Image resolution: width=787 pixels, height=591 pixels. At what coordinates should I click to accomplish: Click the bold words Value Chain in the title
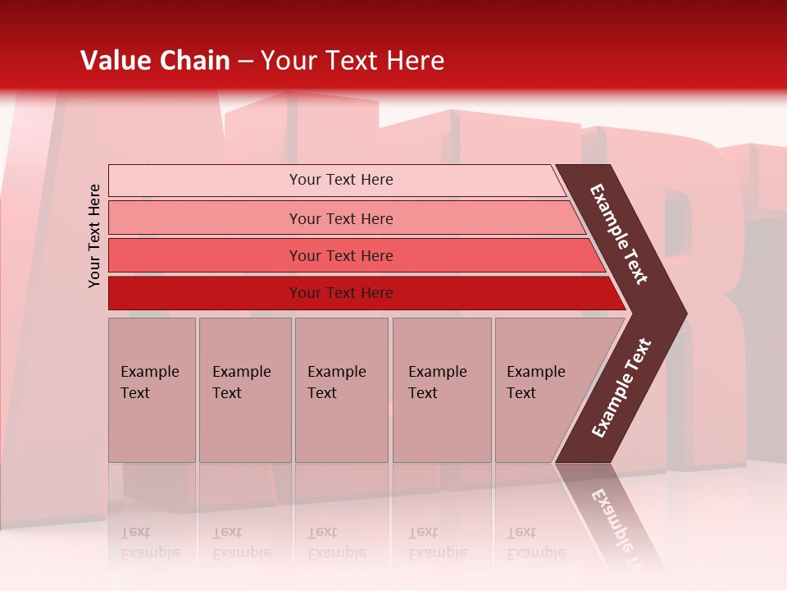tap(155, 61)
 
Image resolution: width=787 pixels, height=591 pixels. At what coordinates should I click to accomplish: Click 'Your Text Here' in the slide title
tap(353, 61)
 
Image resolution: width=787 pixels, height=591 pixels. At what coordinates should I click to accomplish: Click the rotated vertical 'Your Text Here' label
tap(94, 236)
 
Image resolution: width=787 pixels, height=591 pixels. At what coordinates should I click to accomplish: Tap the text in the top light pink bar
tap(341, 180)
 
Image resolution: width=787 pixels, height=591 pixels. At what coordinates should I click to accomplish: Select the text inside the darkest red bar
tap(341, 293)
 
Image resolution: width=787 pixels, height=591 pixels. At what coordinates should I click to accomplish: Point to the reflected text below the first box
tap(149, 543)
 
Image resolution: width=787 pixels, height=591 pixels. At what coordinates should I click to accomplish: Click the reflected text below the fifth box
tap(535, 543)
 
